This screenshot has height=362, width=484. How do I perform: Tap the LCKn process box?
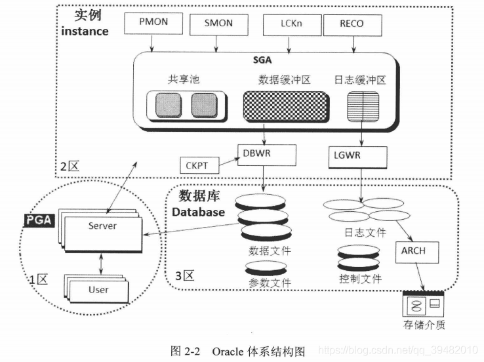click(x=291, y=24)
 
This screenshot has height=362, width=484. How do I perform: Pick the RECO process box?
click(x=352, y=24)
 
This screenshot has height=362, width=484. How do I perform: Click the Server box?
click(x=102, y=226)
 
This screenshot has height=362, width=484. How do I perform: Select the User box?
click(x=98, y=289)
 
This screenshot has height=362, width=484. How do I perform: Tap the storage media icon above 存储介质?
click(x=424, y=304)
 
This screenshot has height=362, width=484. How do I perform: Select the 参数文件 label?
click(x=270, y=283)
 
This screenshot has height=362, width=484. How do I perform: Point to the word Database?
click(x=198, y=212)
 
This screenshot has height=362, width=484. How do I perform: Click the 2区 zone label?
click(x=69, y=166)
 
